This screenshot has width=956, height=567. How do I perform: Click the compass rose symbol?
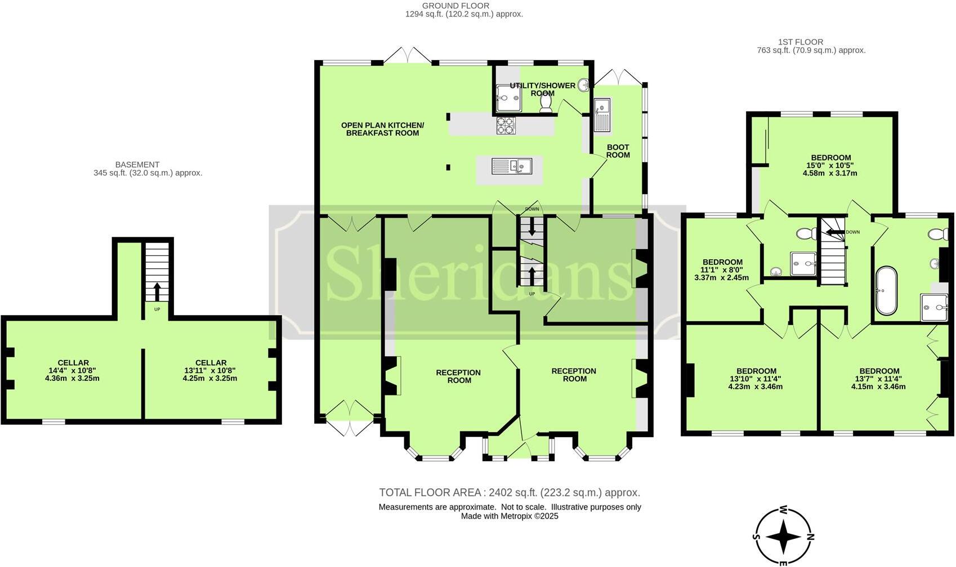[783, 537]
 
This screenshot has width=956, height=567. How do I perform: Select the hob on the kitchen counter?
[506, 125]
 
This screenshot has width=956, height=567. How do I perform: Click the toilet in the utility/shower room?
[546, 103]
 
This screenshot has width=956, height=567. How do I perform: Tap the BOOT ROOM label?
[618, 151]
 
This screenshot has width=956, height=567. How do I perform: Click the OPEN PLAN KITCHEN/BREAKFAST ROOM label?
[382, 129]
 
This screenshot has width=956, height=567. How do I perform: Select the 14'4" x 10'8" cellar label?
[73, 371]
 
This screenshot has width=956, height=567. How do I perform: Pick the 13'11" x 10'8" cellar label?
[210, 371]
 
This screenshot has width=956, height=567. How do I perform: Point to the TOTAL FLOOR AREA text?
[509, 493]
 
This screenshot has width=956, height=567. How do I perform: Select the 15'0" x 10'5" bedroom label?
[830, 165]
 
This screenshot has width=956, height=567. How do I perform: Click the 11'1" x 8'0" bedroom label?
[722, 270]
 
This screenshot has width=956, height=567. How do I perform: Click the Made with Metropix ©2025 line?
[509, 516]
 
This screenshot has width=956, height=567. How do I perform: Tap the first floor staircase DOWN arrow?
[833, 232]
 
